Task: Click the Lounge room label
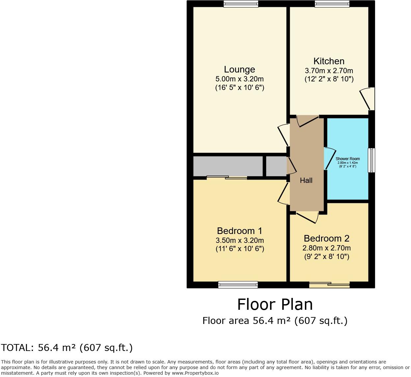pos(239,70)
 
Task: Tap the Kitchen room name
pos(329,61)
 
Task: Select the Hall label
pos(306,180)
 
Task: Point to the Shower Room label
pos(347,159)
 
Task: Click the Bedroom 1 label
pos(239,231)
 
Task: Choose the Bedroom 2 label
pos(326,239)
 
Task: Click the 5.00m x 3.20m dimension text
pos(239,79)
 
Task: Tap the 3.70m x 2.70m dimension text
pos(329,71)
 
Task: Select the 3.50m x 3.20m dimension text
pos(239,241)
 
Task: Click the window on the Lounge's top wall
pos(241,4)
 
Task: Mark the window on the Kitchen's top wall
pos(332,4)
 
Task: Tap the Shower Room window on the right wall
pos(371,160)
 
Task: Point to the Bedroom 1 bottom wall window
pos(238,285)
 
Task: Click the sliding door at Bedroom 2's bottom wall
pos(329,285)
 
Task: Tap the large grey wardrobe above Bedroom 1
pos(228,166)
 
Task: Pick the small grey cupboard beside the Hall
pos(276,166)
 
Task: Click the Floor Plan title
pos(275,304)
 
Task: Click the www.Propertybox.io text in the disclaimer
pos(195,373)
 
